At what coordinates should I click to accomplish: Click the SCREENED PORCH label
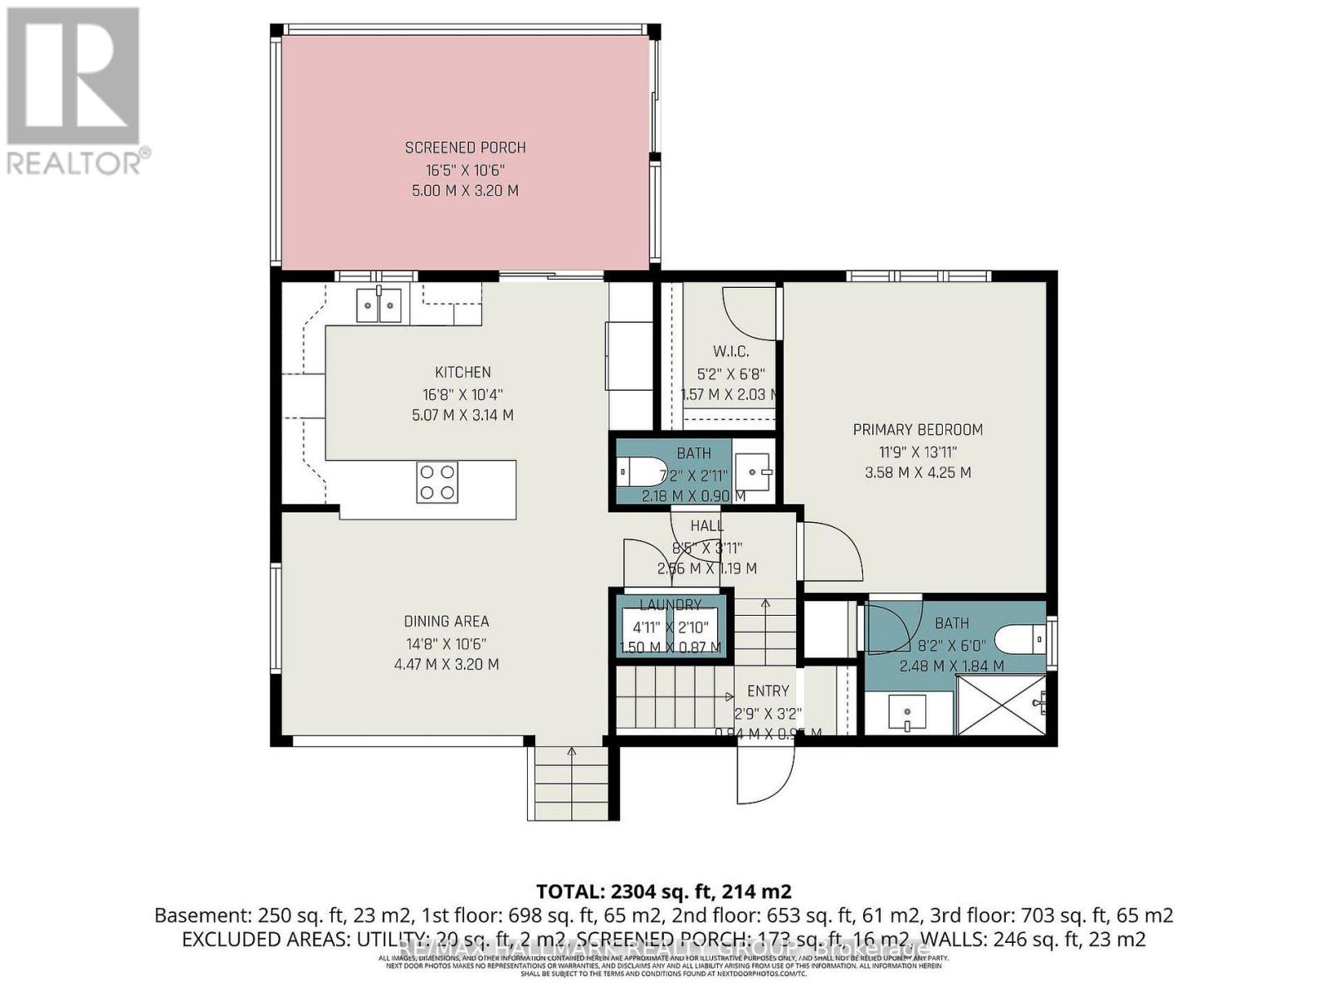click(x=465, y=148)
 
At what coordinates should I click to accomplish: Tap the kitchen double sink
click(x=379, y=305)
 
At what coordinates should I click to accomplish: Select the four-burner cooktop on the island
click(x=437, y=482)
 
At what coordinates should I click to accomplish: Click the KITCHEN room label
click(x=463, y=373)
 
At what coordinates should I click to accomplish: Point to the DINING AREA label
click(x=447, y=621)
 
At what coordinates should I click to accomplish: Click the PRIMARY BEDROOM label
click(x=918, y=429)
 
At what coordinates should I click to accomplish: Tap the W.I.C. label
click(x=730, y=352)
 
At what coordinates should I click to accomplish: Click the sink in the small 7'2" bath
click(x=754, y=472)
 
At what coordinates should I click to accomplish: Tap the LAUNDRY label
click(x=671, y=604)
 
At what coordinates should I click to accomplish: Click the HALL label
click(x=707, y=525)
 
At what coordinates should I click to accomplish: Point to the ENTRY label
click(x=768, y=691)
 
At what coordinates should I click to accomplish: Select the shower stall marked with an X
click(x=1000, y=705)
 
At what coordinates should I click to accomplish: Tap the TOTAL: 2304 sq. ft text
click(x=664, y=891)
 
